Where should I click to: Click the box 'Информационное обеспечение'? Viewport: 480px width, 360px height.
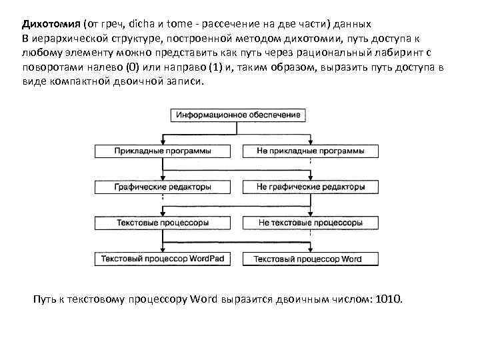[x=239, y=115]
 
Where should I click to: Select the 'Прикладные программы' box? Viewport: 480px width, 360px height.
[x=163, y=151]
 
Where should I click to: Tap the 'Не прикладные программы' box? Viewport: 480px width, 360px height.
[x=311, y=151]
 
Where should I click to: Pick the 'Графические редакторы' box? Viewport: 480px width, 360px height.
[x=163, y=187]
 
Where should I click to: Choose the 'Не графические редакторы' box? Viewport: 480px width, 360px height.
[x=311, y=187]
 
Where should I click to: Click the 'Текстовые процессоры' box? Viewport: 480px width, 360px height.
[x=163, y=223]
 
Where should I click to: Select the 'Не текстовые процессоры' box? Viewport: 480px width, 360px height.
[x=311, y=223]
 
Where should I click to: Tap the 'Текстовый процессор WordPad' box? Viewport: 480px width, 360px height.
[x=163, y=259]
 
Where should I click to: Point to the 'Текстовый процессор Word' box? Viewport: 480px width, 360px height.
[x=311, y=259]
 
